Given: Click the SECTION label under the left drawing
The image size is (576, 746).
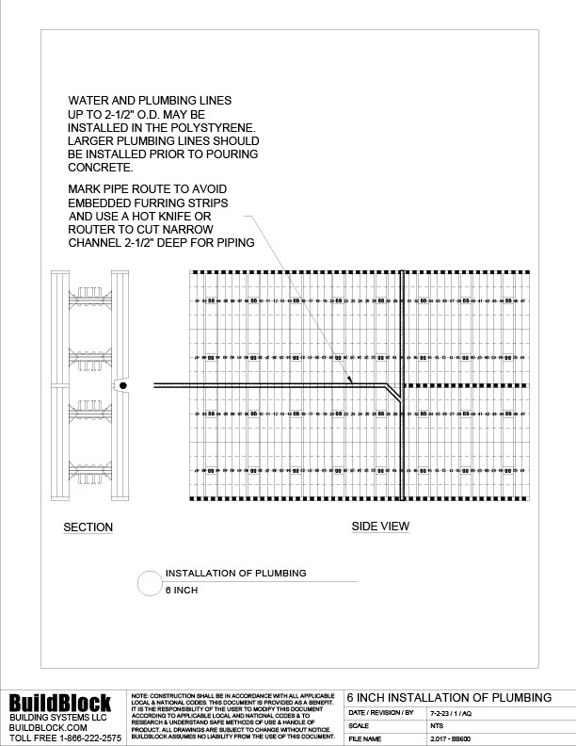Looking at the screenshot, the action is (88, 527).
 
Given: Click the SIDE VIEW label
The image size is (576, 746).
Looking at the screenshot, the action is (380, 527).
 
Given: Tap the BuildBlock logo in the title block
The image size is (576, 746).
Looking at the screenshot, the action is (60, 702).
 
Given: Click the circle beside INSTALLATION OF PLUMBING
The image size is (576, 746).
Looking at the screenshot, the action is (150, 583).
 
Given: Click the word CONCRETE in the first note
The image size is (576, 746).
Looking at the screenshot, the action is (99, 167).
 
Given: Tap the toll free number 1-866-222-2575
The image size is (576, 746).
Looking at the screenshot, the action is (83, 738).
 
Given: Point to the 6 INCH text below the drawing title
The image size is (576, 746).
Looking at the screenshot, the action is (181, 592).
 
